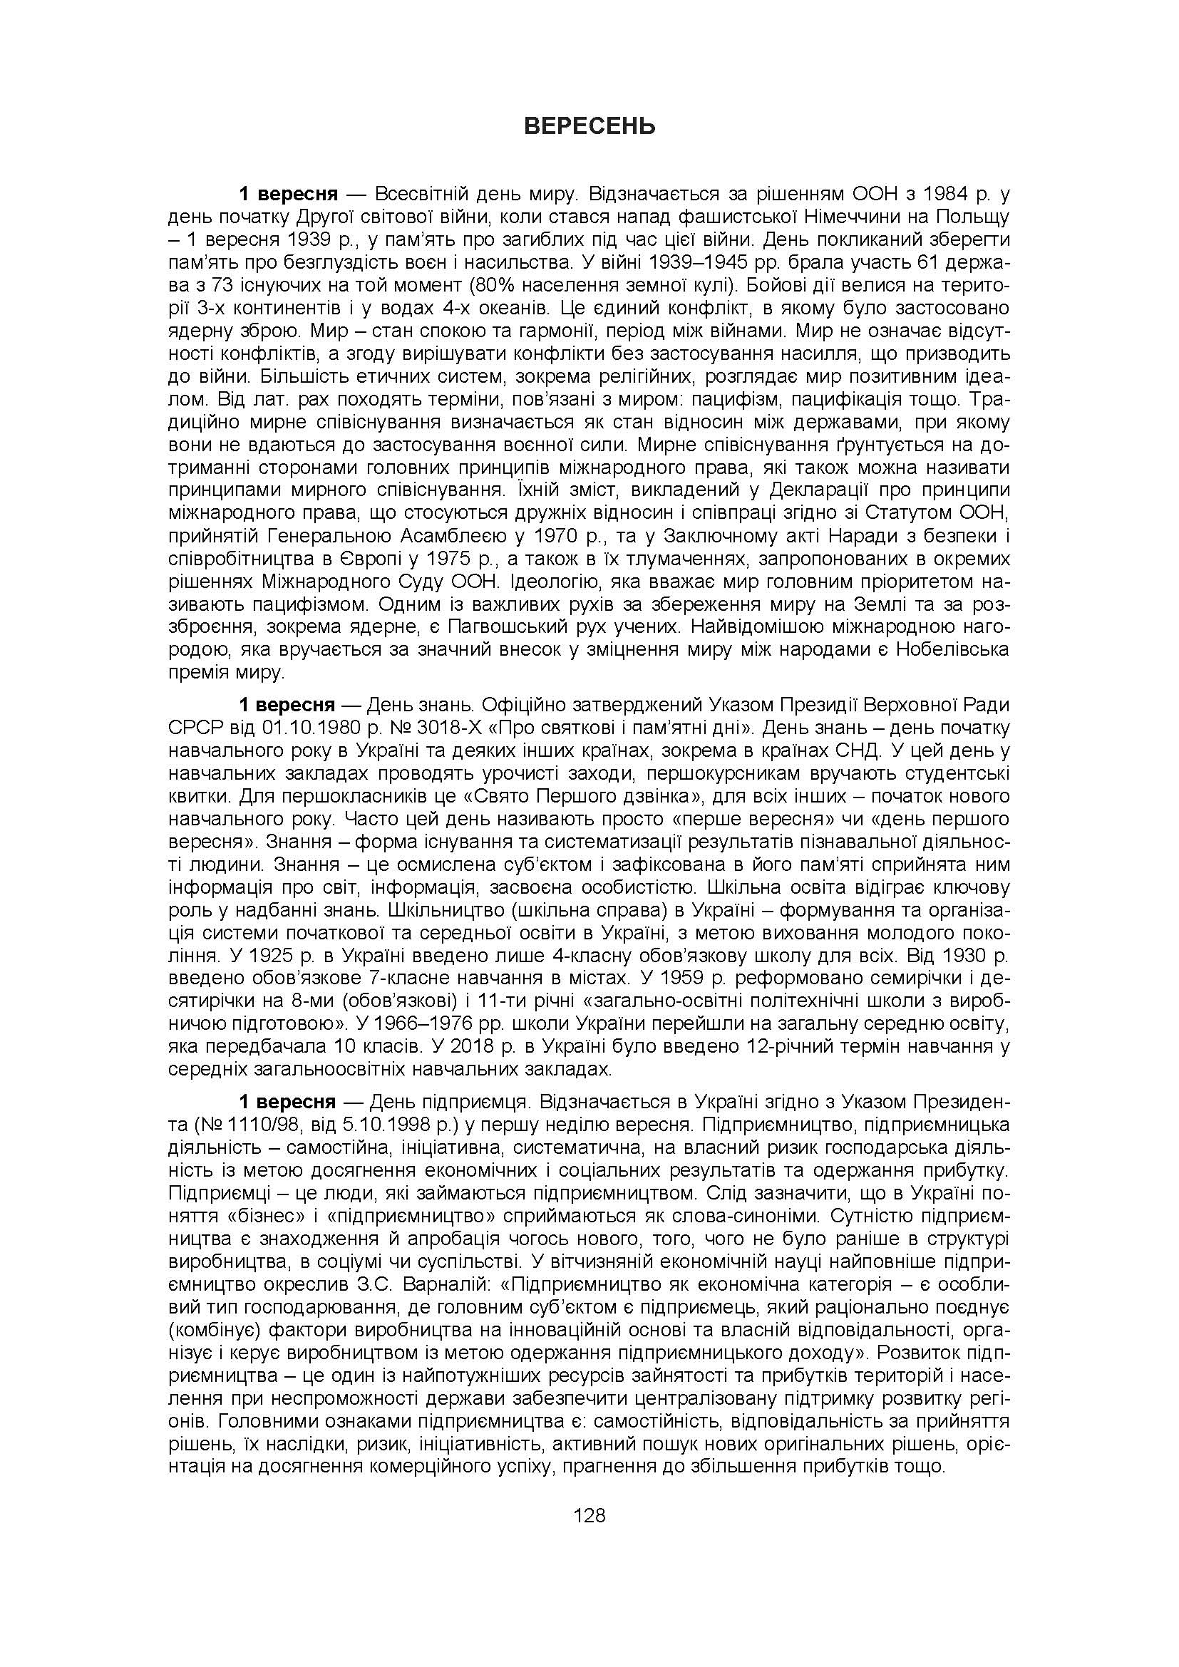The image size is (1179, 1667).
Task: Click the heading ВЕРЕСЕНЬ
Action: [x=589, y=126]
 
